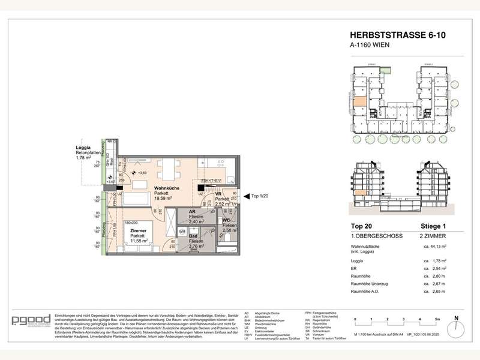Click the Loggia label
point(83,147)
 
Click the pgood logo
point(31,322)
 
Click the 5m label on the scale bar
point(437,319)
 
